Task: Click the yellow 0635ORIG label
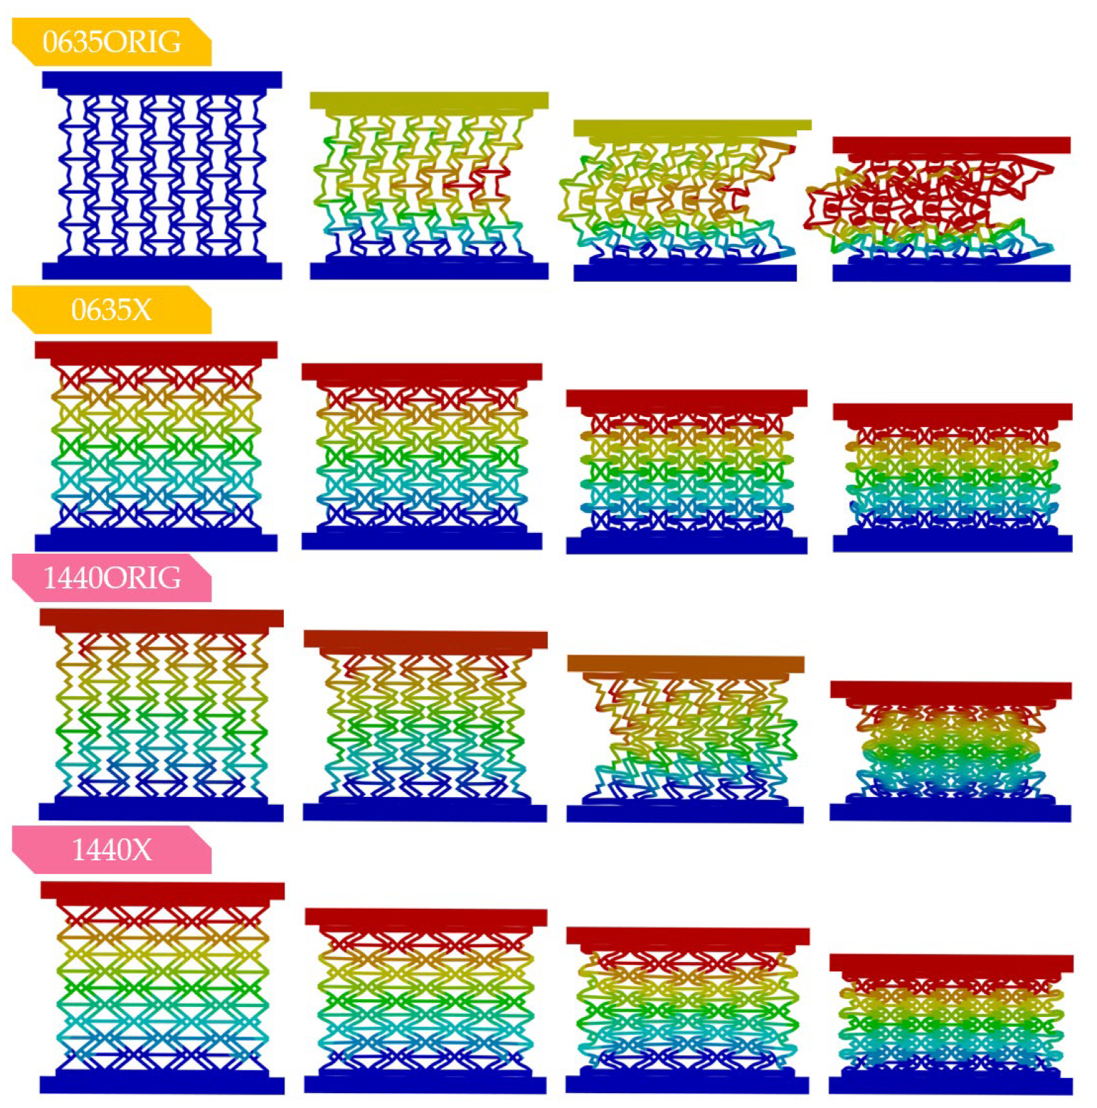pos(112,42)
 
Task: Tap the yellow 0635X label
pos(112,310)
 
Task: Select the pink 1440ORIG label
pos(112,578)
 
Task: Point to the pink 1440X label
pos(112,850)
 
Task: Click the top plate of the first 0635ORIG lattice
pos(161,79)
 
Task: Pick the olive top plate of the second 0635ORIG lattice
pos(428,100)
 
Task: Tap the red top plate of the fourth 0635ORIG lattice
pos(951,145)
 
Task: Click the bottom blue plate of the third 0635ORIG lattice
pos(685,273)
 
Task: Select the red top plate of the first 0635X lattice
pos(156,349)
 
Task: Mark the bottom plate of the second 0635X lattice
pos(422,542)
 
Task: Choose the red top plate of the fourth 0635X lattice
pos(952,412)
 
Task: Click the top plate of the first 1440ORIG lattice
pos(161,618)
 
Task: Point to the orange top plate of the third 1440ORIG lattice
pos(686,664)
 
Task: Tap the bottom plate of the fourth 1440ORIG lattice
pos(950,813)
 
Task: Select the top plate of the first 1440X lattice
pos(162,890)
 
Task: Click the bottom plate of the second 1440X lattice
pos(425,1085)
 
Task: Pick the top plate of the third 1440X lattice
pos(688,936)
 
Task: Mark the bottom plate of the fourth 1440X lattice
pos(950,1086)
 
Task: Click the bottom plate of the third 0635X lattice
pos(687,545)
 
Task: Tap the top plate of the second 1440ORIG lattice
pos(425,639)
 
